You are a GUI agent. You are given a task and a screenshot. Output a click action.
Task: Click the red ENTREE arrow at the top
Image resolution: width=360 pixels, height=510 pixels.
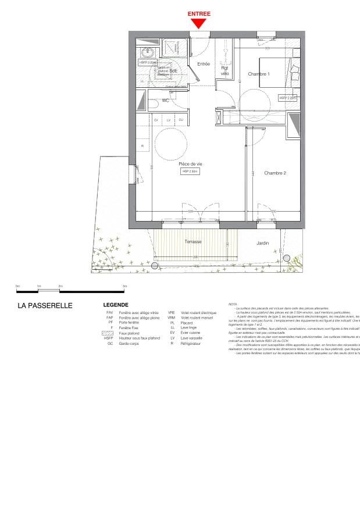coord(199,23)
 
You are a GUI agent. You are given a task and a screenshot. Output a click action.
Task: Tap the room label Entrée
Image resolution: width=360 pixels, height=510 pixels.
coord(203,64)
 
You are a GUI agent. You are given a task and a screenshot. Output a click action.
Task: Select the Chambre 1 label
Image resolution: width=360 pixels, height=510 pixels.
coord(259,74)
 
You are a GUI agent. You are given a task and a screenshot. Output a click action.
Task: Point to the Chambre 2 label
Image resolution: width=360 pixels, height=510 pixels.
coord(275,173)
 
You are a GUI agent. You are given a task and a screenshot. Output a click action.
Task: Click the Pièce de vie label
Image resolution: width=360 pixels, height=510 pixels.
coord(190,164)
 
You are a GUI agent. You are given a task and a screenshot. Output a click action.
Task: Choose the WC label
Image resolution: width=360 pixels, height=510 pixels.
coord(165,101)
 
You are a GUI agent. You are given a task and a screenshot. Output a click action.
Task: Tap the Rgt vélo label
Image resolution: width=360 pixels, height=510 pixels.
coord(225,70)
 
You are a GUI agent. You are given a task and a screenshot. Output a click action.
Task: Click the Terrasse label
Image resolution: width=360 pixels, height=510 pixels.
coord(193,241)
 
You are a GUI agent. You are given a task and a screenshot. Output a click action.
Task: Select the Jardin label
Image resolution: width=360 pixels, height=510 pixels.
coord(263,243)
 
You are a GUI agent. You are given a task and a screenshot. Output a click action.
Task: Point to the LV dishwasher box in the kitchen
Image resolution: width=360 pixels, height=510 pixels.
coord(169,120)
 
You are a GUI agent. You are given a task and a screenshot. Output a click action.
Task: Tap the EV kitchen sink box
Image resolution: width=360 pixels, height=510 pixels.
coord(156,120)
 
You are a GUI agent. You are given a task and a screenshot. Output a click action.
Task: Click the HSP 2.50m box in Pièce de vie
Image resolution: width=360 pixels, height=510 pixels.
coord(190,172)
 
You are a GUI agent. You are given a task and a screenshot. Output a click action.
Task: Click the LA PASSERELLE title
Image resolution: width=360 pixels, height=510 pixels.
coord(45,305)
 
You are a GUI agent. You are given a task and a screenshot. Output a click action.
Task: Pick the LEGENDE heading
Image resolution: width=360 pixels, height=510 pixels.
coord(116,305)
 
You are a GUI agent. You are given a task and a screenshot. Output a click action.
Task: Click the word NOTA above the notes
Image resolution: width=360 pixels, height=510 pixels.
coord(233,304)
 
